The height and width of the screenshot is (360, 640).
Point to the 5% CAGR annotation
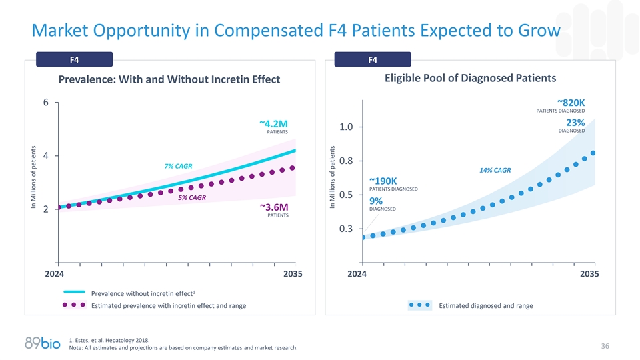pos(192,197)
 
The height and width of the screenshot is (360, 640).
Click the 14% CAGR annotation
pos(495,170)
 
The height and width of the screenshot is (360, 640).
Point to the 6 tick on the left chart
pos(46,103)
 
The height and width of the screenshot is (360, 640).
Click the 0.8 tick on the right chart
pos(346,161)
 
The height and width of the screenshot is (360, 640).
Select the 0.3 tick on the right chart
pos(346,229)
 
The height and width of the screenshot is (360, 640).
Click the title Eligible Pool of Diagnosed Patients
pos(470,78)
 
